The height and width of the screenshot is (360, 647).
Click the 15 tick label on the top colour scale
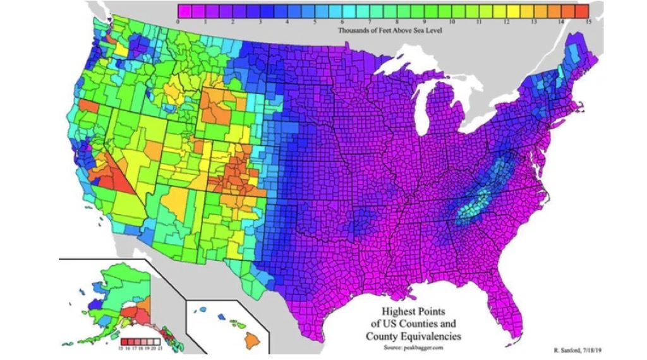(x=588, y=21)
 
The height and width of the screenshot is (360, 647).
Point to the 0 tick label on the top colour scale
(x=179, y=21)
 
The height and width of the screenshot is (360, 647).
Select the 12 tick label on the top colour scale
(x=506, y=21)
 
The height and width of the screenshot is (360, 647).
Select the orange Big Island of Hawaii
(x=251, y=340)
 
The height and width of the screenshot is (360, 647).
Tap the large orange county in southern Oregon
(x=88, y=107)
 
